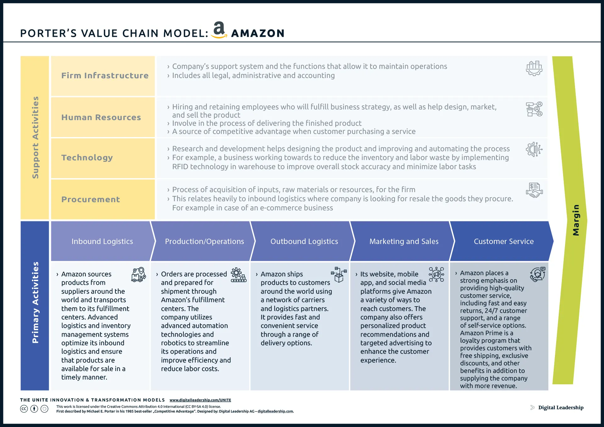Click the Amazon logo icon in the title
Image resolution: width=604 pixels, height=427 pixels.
[219, 30]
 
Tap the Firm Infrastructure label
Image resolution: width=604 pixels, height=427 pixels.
[105, 76]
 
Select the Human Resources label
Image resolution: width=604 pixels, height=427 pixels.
[101, 118]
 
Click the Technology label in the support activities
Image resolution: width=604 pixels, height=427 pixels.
[87, 158]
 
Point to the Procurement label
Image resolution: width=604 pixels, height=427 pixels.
[91, 199]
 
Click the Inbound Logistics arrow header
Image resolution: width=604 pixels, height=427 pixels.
[102, 241]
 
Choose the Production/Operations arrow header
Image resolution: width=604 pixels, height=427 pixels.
[204, 241]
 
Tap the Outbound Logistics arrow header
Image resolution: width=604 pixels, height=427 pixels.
[304, 241]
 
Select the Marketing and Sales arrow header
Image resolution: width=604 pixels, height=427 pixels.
[404, 241]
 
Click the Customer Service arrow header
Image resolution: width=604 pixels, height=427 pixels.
[503, 241]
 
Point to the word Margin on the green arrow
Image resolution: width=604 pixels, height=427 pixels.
[576, 220]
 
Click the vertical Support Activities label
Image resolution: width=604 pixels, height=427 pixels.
[35, 137]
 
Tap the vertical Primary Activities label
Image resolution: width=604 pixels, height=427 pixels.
[35, 302]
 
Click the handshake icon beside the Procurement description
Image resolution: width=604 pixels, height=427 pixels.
[534, 190]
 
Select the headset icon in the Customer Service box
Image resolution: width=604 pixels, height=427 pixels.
[537, 274]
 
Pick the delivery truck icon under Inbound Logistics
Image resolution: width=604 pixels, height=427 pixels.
[138, 275]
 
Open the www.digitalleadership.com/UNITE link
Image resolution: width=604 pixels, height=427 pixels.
[200, 400]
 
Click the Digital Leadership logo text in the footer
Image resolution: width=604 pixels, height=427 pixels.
[561, 408]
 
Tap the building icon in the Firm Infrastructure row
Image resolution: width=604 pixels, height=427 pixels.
[534, 68]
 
